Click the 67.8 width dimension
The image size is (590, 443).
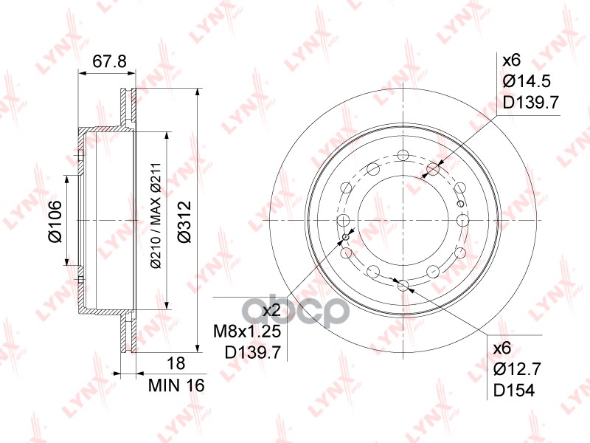click(109, 61)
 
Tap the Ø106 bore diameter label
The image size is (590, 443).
click(55, 221)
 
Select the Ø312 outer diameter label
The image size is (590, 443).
click(184, 222)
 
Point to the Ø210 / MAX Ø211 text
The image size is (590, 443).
click(156, 216)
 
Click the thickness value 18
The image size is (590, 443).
click(176, 363)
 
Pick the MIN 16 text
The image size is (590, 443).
click(176, 385)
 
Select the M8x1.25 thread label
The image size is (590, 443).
click(247, 332)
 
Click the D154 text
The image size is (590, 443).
click(513, 391)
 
